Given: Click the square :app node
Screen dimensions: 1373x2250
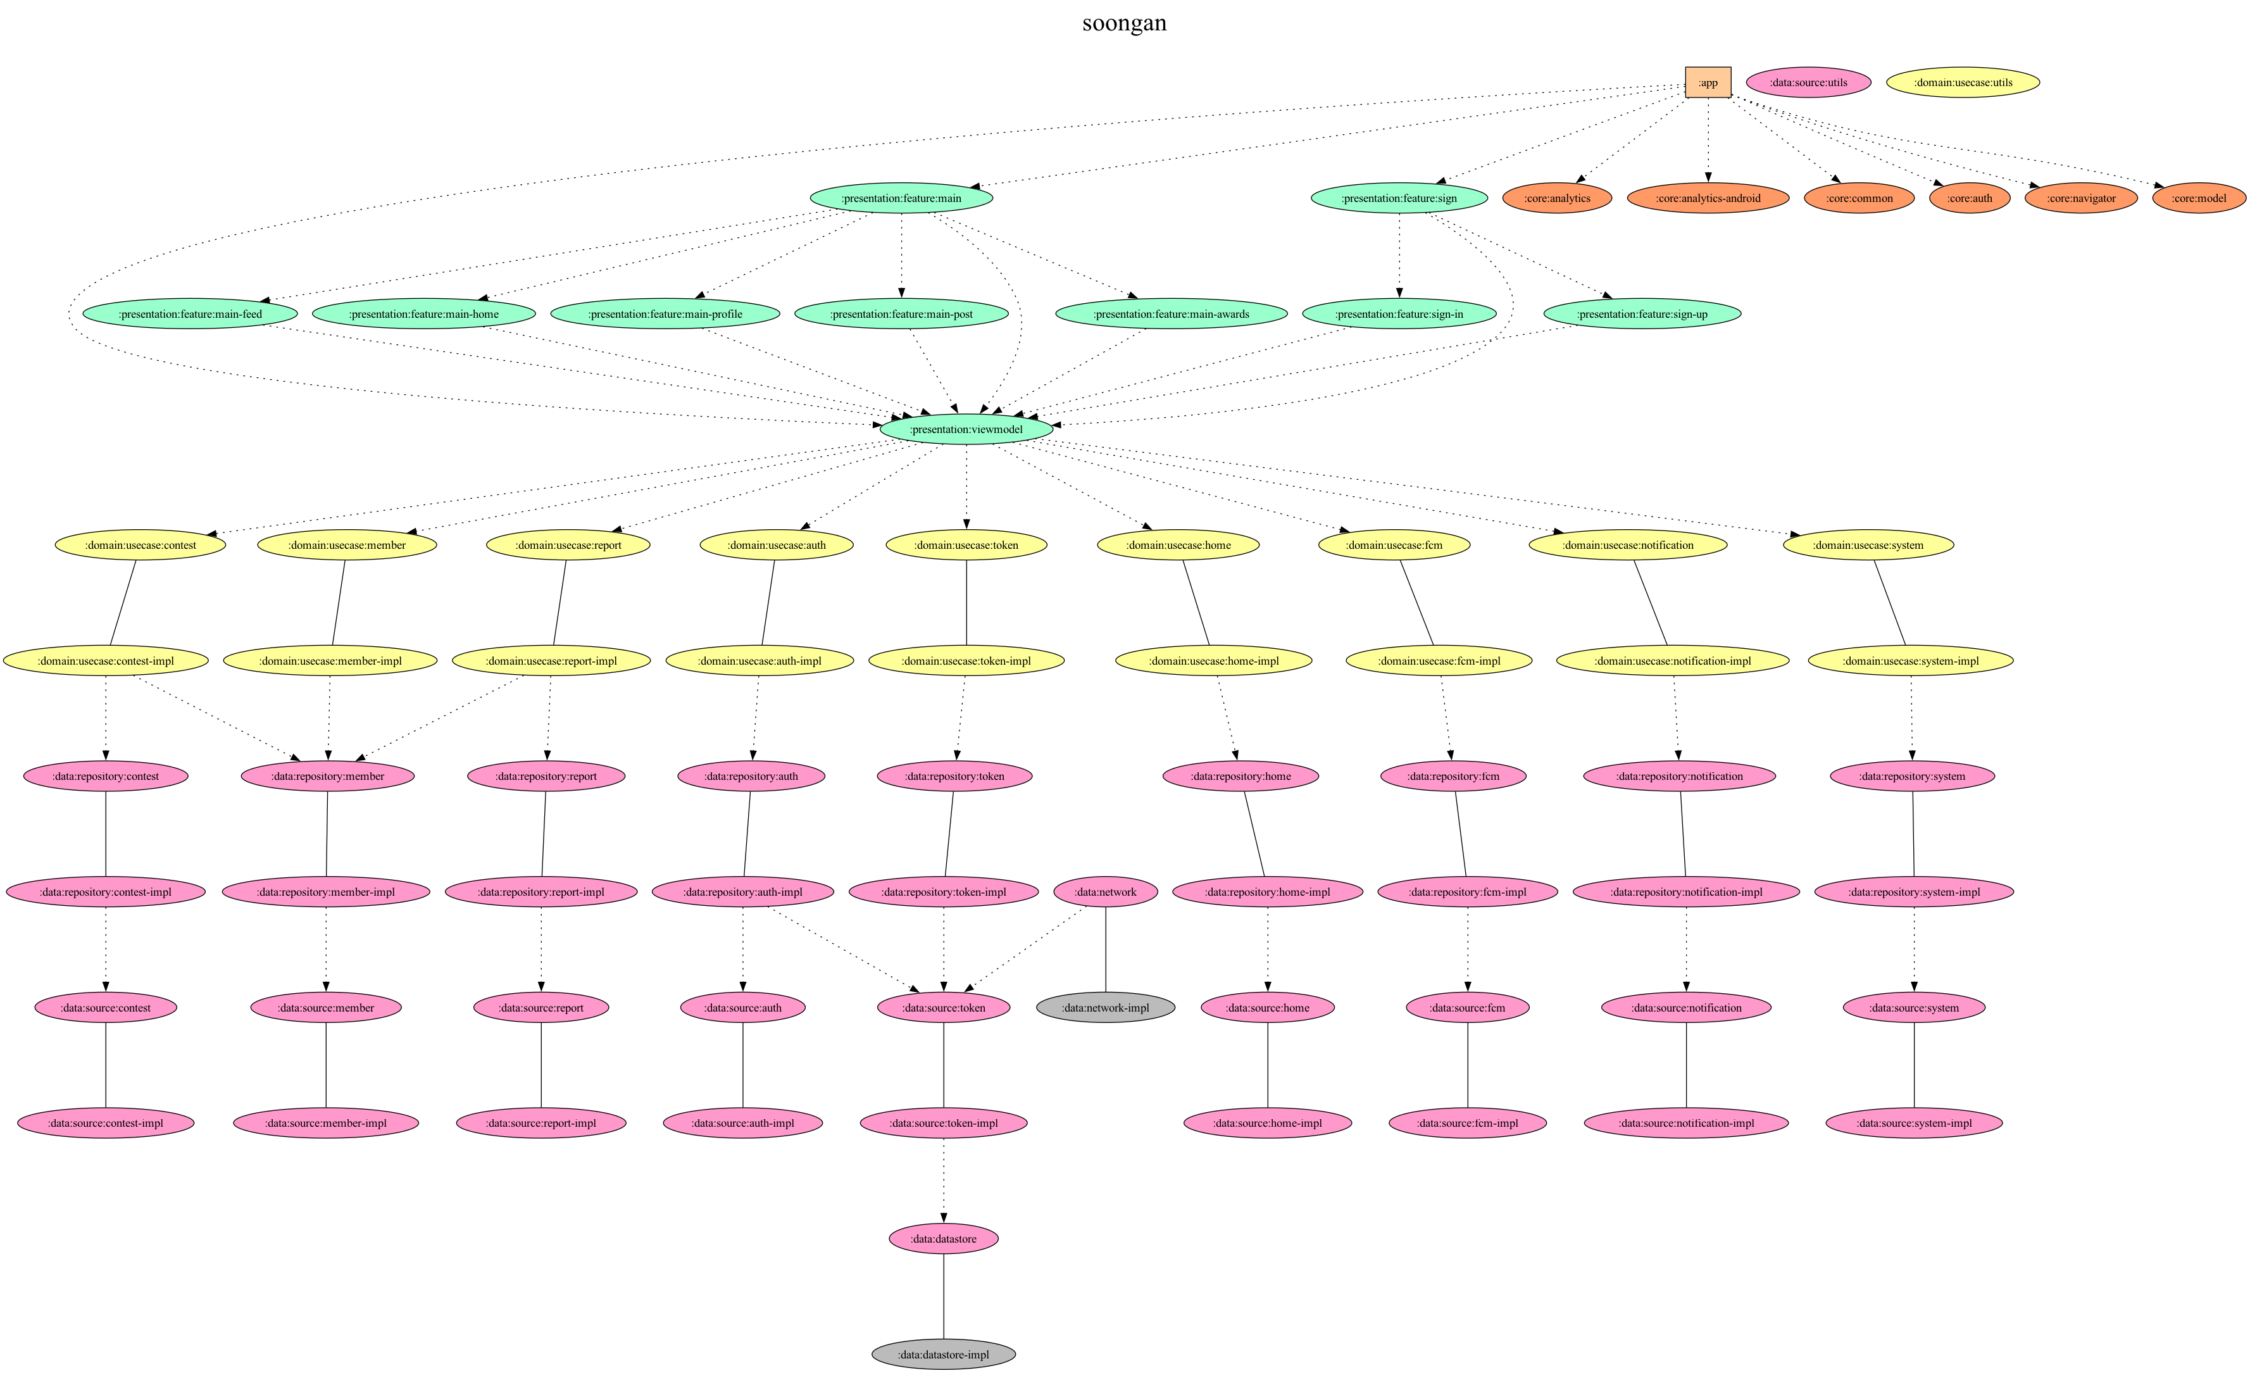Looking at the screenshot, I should (x=1708, y=82).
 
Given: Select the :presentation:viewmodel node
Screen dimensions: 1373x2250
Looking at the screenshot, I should (x=966, y=429).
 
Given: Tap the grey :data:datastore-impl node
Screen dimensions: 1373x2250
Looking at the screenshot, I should (x=943, y=1355).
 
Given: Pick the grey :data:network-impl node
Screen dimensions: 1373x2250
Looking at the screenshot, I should (x=1106, y=1008).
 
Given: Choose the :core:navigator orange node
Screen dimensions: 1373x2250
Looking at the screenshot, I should (x=2081, y=198).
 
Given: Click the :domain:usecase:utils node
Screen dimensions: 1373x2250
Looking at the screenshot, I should (x=1963, y=82).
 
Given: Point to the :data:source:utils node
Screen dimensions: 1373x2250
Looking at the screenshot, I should (x=1808, y=82).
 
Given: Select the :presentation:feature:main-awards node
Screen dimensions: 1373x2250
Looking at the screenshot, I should (x=1171, y=314).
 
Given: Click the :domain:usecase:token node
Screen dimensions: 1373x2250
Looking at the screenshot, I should (x=966, y=546).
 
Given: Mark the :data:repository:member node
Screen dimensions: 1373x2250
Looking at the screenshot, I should (x=328, y=777).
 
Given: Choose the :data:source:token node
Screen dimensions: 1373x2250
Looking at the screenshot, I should (x=943, y=1008).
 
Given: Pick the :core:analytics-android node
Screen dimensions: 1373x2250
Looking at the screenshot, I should (x=1708, y=198).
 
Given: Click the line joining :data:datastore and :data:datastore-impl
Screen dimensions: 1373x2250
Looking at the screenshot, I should (x=943, y=1297).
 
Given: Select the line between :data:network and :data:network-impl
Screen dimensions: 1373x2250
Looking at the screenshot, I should (x=1106, y=950).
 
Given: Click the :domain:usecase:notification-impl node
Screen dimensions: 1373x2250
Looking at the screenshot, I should (x=1672, y=660).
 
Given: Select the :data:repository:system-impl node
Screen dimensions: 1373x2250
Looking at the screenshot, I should (x=1914, y=891).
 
